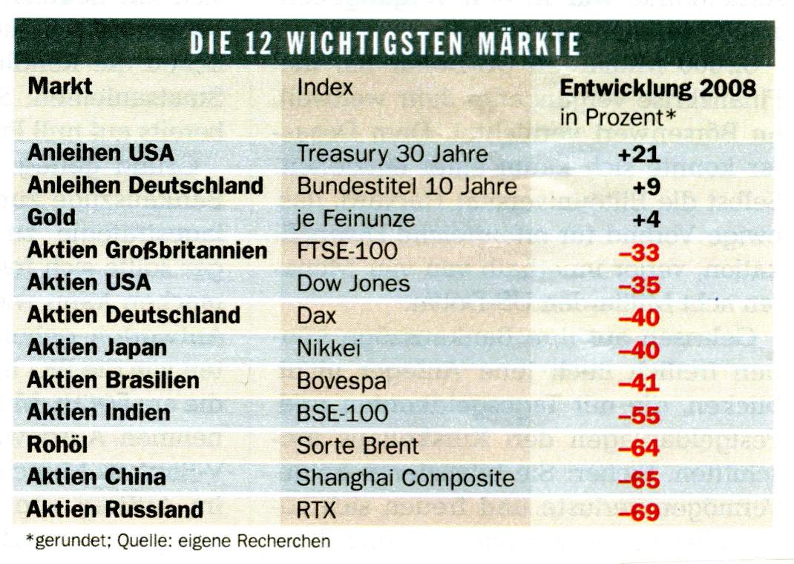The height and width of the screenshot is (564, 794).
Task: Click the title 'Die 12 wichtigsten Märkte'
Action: coord(384,43)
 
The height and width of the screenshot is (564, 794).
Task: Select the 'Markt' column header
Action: coord(60,86)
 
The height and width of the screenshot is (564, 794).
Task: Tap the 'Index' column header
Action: coord(325,87)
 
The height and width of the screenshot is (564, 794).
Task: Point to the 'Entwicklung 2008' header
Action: coord(657,88)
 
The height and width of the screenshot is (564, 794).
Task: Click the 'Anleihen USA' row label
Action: coord(100,153)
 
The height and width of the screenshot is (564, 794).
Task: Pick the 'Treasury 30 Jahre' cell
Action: coord(393,153)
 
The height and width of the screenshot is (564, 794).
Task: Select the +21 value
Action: coord(638,154)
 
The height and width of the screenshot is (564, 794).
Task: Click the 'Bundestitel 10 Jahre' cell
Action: coord(407,185)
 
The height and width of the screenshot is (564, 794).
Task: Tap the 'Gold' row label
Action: coord(51,217)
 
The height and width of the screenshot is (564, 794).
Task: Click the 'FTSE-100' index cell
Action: coord(347,251)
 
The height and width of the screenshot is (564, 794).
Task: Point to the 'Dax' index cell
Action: coord(317,316)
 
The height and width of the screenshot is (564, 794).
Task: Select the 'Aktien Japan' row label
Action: coord(97,348)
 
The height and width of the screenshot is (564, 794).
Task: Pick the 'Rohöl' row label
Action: coord(57,445)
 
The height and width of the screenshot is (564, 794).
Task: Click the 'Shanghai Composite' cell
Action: coord(405,478)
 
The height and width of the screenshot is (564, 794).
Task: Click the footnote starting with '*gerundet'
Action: coord(178,541)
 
